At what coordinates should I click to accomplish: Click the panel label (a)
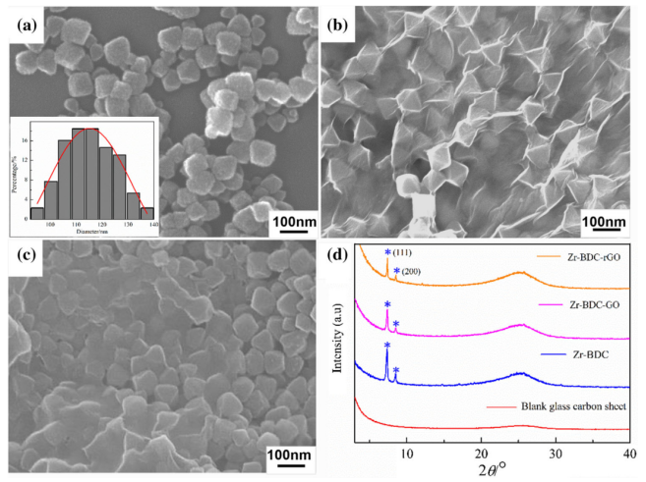coord(23,25)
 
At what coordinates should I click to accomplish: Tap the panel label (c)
coord(23,258)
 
